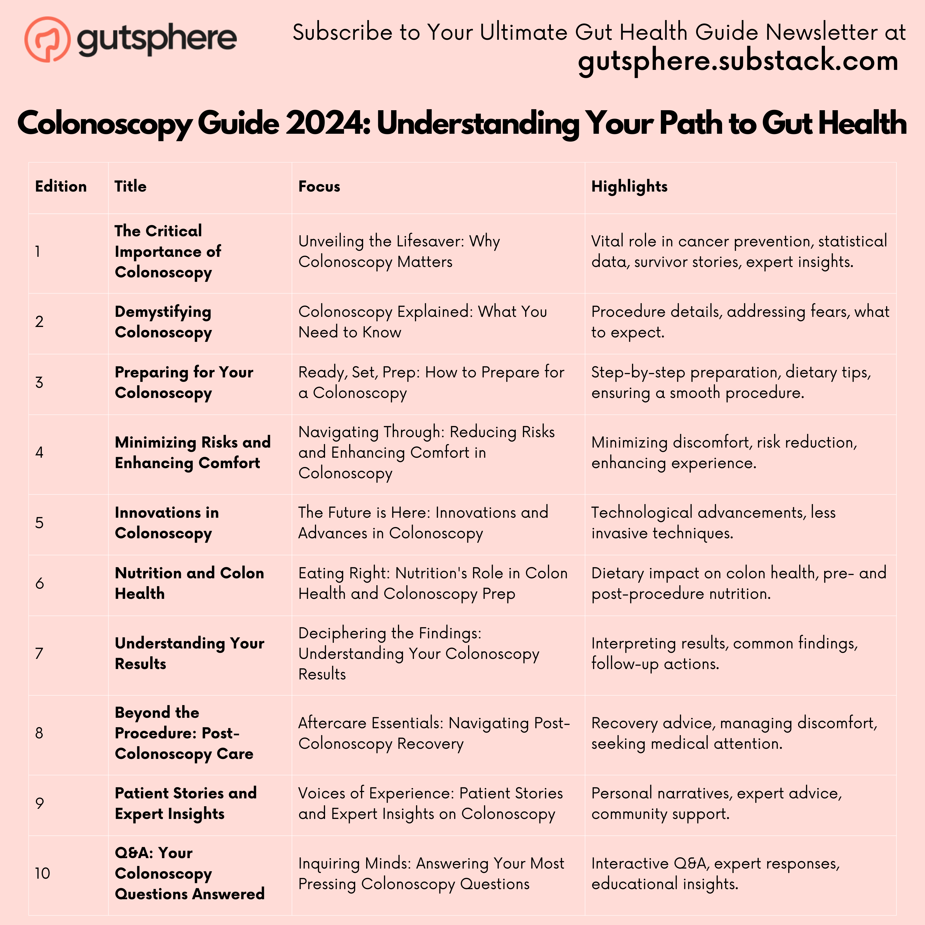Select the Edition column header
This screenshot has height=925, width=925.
pyautogui.click(x=61, y=186)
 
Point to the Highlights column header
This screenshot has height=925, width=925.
pyautogui.click(x=629, y=186)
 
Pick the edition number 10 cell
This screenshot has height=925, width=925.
pyautogui.click(x=42, y=873)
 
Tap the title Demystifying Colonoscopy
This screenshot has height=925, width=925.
pyautogui.click(x=163, y=322)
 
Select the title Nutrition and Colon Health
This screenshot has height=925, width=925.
pyautogui.click(x=189, y=583)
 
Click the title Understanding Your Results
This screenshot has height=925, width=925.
pyautogui.click(x=189, y=653)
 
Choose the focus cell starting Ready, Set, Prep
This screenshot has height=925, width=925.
pyautogui.click(x=431, y=382)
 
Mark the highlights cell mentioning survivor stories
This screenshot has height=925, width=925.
pyautogui.click(x=739, y=251)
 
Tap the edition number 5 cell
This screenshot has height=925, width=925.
pyautogui.click(x=39, y=522)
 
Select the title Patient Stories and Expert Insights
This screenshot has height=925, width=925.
pyautogui.click(x=186, y=803)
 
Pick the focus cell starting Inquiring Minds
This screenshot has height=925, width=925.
pyautogui.click(x=431, y=873)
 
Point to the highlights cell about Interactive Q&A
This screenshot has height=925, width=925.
pyautogui.click(x=715, y=873)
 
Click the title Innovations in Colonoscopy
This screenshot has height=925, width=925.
pyautogui.click(x=167, y=522)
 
